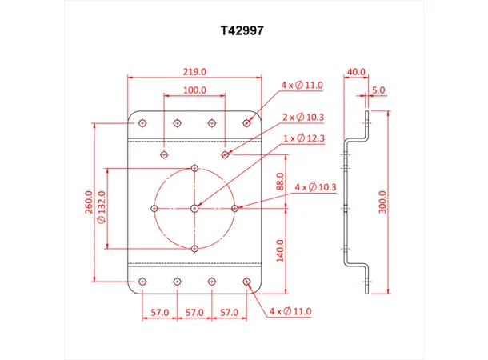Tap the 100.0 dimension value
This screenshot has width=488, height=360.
pos(194,90)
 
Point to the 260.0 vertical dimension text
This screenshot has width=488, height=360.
pos(90,202)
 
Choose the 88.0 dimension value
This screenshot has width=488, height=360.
pos(279,182)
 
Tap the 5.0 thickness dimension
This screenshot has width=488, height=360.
pos(378,90)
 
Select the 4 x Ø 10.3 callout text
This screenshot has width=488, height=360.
pos(316,186)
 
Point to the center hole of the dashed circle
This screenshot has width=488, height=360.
pos(195,208)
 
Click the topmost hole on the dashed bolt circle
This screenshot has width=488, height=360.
pos(195,168)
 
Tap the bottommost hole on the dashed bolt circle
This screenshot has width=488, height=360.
pos(195,249)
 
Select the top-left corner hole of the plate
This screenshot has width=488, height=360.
pos(142,123)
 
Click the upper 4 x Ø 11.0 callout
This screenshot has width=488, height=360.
pos(302,84)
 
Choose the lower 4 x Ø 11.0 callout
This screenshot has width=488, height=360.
pos(290,310)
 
